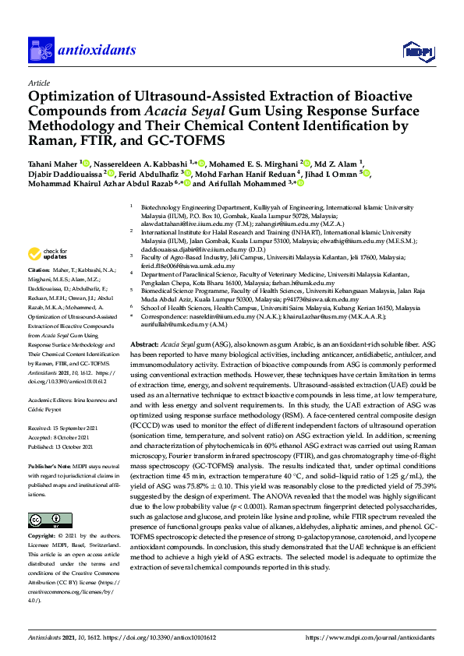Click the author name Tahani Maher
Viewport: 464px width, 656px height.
click(51, 164)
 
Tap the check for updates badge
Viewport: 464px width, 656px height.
click(48, 232)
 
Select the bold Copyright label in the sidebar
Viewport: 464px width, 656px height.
click(44, 515)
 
